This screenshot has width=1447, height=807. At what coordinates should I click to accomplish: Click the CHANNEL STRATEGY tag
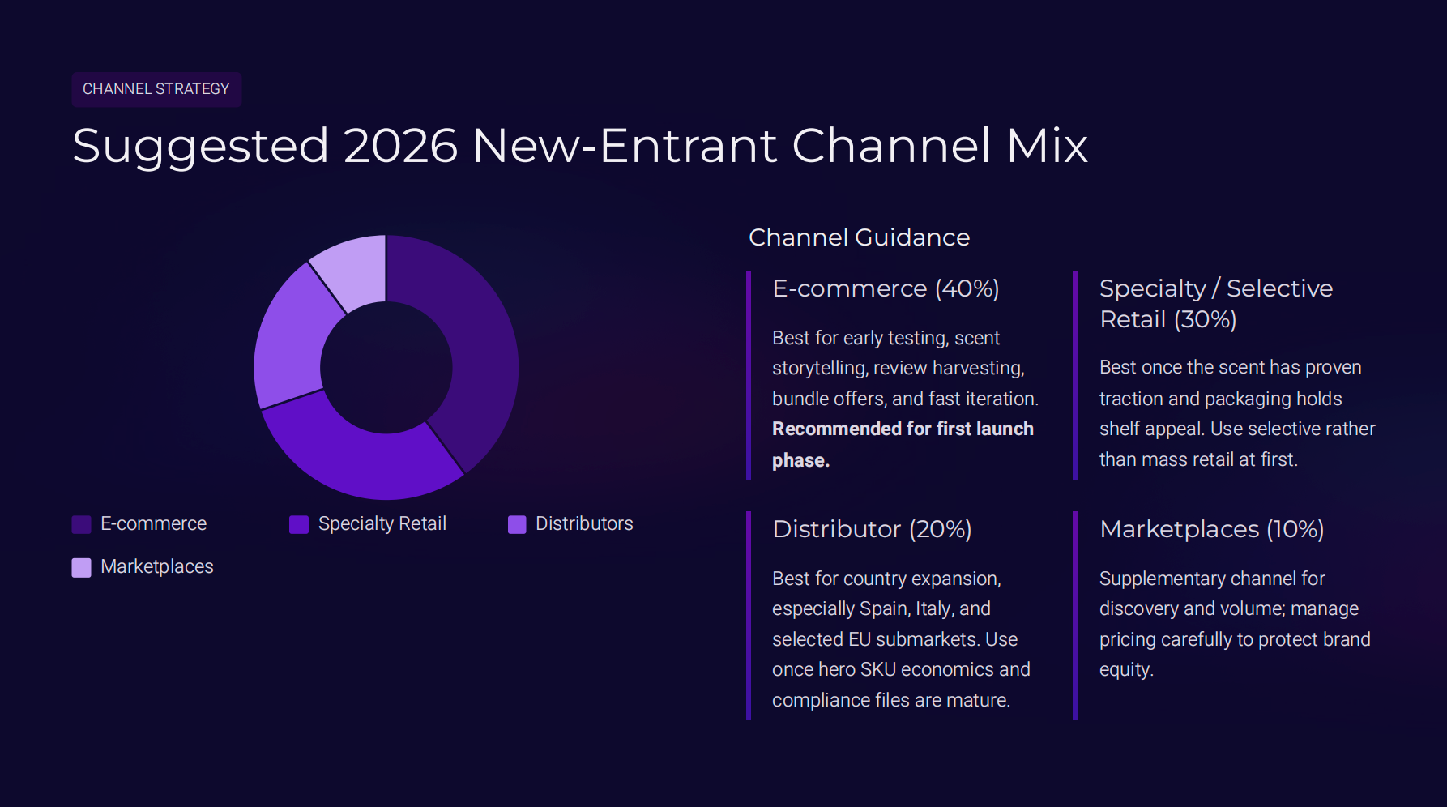[156, 89]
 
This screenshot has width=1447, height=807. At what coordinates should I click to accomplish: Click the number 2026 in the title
[400, 146]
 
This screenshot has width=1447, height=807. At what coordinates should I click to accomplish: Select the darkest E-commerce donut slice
[470, 348]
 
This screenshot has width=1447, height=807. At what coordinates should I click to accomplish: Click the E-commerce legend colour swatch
[81, 524]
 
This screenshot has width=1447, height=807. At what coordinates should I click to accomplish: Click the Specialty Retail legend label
[382, 524]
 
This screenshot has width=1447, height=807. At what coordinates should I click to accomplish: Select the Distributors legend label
[584, 524]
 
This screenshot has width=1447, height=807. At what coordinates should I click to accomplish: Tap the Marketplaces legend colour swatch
[81, 567]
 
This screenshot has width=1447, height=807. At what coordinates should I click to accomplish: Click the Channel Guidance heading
[859, 237]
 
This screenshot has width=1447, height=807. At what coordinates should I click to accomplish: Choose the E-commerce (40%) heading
[886, 288]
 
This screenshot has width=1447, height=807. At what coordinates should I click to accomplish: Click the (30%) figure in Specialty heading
[1205, 319]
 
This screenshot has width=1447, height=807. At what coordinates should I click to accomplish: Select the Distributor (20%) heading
[872, 529]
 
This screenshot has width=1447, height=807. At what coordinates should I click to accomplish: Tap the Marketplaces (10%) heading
[1211, 529]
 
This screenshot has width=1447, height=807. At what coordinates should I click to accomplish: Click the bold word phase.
[800, 460]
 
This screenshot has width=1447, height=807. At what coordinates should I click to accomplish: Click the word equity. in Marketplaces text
[1126, 669]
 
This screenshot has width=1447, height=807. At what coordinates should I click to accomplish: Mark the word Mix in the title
[1047, 146]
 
